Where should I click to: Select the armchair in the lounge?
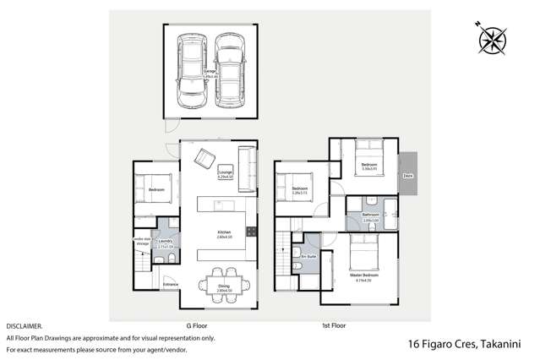(x=205, y=157)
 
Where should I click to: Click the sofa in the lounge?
(x=247, y=161)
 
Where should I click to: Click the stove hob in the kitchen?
(x=250, y=232)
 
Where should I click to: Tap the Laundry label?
(x=166, y=242)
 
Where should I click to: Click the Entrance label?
(x=171, y=284)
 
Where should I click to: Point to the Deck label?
(x=407, y=176)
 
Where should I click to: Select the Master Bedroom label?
(x=364, y=275)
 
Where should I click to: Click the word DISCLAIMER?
(x=25, y=325)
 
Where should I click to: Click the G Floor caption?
(x=197, y=325)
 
